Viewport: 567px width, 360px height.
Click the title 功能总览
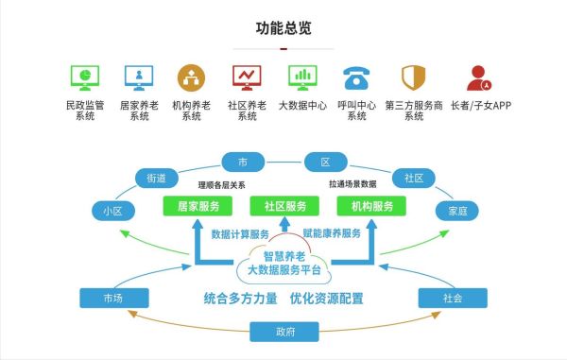(283, 27)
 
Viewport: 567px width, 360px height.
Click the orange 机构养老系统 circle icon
(192, 76)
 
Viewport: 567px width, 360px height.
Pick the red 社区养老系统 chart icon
(247, 76)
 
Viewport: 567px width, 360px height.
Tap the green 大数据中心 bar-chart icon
(301, 76)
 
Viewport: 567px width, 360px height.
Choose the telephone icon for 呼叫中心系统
(356, 77)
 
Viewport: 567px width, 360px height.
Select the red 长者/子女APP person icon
(479, 77)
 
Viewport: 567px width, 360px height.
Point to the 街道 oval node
(157, 178)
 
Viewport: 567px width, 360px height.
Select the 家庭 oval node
(456, 211)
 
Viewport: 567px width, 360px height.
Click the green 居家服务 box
(195, 206)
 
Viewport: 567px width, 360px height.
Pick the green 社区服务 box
(283, 206)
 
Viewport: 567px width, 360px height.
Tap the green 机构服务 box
(372, 206)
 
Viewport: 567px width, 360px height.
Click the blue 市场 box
(112, 299)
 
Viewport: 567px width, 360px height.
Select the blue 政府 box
(284, 331)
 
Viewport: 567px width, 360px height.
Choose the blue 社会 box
(452, 299)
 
